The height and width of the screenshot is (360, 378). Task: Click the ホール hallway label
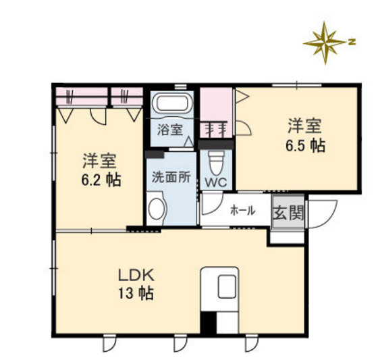click(242, 211)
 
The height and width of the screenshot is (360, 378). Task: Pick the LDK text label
click(137, 276)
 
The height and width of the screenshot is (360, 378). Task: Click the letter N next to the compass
click(351, 41)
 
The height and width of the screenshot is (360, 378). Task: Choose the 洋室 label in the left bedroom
click(100, 162)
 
